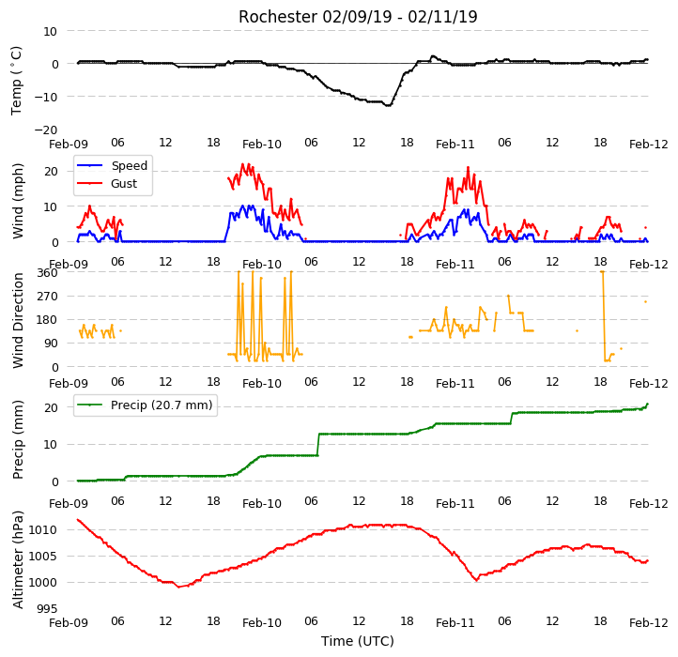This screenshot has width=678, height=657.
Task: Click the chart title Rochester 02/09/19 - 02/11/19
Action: pyautogui.click(x=358, y=17)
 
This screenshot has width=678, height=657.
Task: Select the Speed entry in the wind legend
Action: pyautogui.click(x=112, y=165)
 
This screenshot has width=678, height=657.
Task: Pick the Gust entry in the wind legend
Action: pyautogui.click(x=107, y=183)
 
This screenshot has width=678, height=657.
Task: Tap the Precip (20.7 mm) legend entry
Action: pyautogui.click(x=145, y=405)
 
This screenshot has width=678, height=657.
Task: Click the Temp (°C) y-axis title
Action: pyautogui.click(x=16, y=81)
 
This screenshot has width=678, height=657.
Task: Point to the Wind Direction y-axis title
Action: pyautogui.click(x=18, y=320)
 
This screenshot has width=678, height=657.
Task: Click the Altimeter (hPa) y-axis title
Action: pyautogui.click(x=18, y=559)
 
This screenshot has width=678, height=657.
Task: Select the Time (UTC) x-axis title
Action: pyautogui.click(x=357, y=641)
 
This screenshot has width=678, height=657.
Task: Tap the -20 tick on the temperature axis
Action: pyautogui.click(x=46, y=130)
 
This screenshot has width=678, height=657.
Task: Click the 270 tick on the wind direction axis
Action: pyautogui.click(x=48, y=296)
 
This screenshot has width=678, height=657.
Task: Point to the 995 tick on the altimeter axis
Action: pyautogui.click(x=48, y=608)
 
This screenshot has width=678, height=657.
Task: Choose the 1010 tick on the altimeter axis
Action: pyautogui.click(x=43, y=530)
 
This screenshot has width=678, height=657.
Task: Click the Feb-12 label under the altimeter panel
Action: pyautogui.click(x=648, y=623)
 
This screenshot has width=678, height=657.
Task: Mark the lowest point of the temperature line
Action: pyautogui.click(x=388, y=105)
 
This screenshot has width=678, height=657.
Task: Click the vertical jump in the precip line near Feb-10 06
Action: pyautogui.click(x=318, y=444)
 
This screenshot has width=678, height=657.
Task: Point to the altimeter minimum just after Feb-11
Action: pyautogui.click(x=476, y=580)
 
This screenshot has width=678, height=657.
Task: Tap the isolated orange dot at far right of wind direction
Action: pyautogui.click(x=645, y=301)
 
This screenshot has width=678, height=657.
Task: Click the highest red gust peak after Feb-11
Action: pyautogui.click(x=468, y=168)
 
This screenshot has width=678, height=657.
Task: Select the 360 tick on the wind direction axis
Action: pyautogui.click(x=48, y=273)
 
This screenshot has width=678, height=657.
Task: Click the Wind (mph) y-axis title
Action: pyautogui.click(x=18, y=201)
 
